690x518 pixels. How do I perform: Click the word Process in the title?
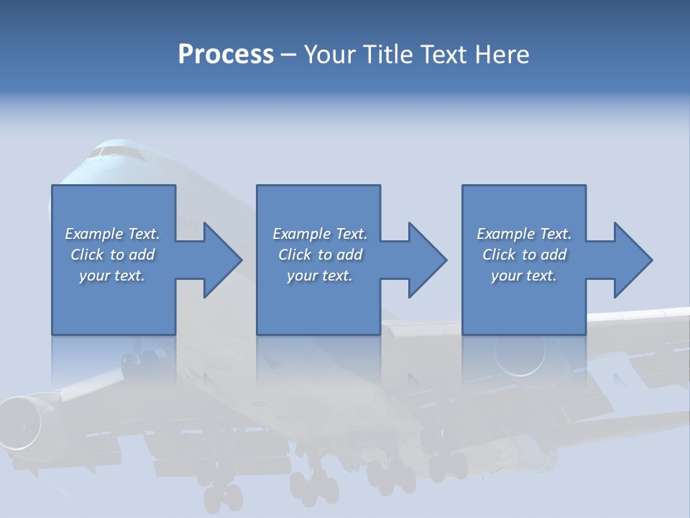coord(226,55)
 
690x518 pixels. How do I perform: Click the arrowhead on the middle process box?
coord(426,260)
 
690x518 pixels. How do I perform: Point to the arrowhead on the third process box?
coord(632,260)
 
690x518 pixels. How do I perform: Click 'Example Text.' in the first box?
coord(112,234)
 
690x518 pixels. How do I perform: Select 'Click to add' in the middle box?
coord(320,255)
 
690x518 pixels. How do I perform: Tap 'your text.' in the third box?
coord(523,276)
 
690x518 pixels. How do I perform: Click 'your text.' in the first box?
coord(112,276)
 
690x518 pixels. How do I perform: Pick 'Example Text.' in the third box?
coord(523,234)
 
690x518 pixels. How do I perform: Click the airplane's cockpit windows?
coord(115,152)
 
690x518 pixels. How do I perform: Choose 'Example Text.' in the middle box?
coord(320,234)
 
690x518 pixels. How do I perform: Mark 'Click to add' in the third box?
coord(523,255)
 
